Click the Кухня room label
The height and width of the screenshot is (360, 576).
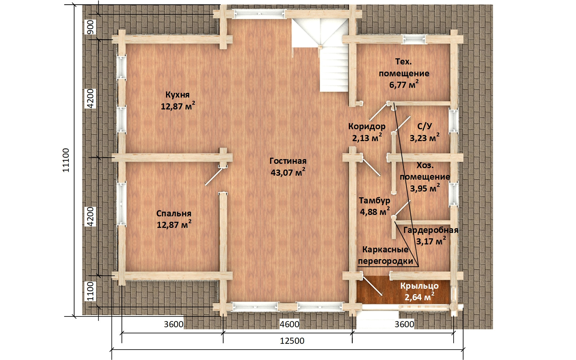click(177, 95)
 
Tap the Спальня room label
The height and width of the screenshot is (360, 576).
click(174, 214)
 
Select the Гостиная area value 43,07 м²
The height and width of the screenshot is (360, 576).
click(288, 172)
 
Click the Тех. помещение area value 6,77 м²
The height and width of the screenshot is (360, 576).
click(404, 84)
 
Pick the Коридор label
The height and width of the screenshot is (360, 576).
click(367, 126)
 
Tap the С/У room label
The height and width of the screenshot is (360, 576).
click(424, 126)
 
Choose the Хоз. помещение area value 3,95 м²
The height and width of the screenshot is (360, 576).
click(425, 188)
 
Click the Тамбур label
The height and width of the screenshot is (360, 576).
click(374, 200)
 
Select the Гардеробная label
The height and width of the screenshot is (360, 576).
click(431, 230)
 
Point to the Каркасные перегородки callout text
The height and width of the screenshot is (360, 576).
click(386, 255)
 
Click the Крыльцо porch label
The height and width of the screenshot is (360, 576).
click(419, 286)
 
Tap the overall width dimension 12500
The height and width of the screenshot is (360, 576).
click(292, 341)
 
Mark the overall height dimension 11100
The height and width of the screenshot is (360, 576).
click(66, 160)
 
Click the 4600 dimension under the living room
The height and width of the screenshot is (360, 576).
click(289, 324)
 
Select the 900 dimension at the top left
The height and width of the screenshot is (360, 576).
click(90, 27)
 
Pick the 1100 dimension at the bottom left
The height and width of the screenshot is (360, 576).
click(90, 291)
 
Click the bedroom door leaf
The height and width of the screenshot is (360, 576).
click(214, 176)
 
